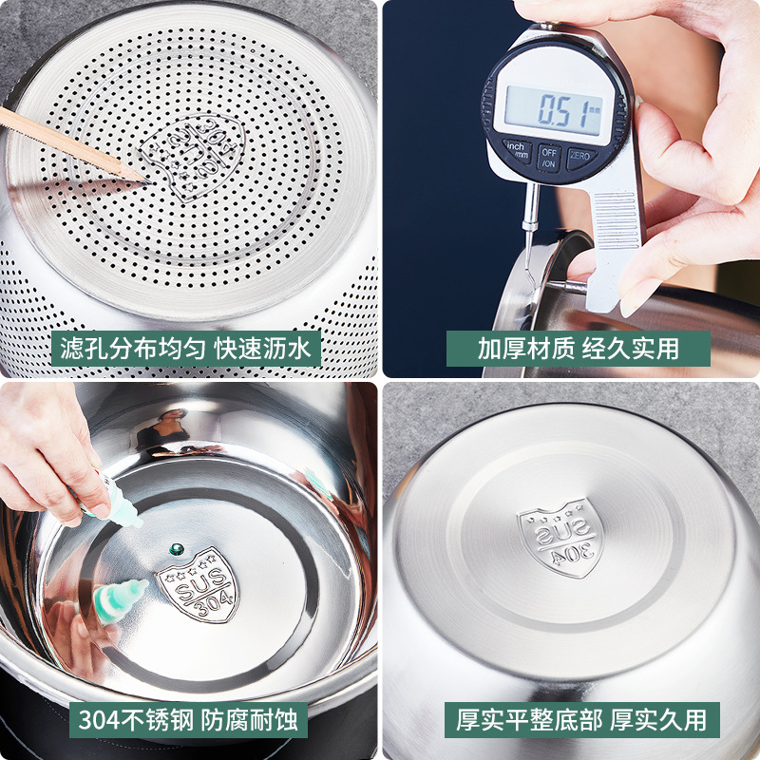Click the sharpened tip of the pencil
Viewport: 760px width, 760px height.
point(145,177)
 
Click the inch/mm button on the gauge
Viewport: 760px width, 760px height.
point(516,151)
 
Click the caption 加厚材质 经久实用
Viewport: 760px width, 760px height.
point(578,349)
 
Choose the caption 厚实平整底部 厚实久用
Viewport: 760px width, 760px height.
point(581,720)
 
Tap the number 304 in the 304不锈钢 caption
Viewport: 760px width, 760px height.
point(97,720)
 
